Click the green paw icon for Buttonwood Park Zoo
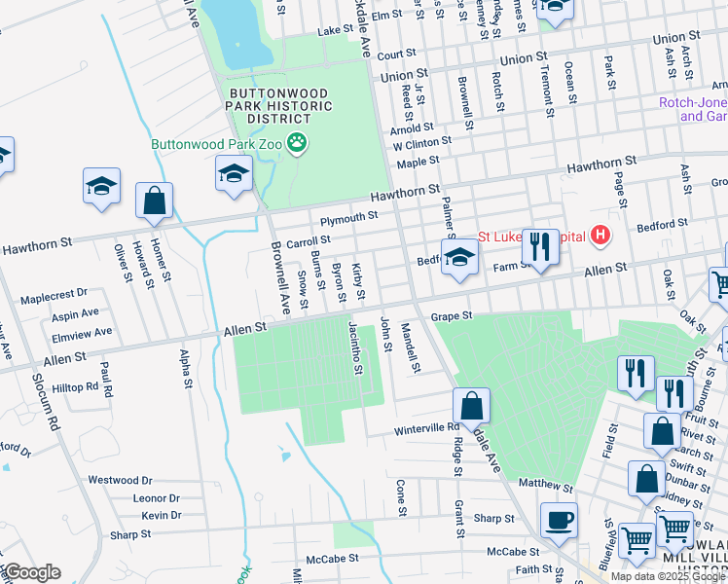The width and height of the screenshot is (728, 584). pos(297,144)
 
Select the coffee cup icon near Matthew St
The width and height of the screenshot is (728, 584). pos(559,520)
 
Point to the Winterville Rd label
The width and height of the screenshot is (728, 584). pos(426,428)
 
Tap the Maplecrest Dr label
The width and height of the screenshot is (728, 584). pos(54,292)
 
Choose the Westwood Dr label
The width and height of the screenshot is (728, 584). pos(121,480)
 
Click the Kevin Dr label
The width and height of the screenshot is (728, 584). pos(161,515)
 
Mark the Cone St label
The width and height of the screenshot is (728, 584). pos(400,496)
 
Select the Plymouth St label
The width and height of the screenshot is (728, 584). pos(348,217)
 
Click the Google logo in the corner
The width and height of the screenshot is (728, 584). pos(32,572)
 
